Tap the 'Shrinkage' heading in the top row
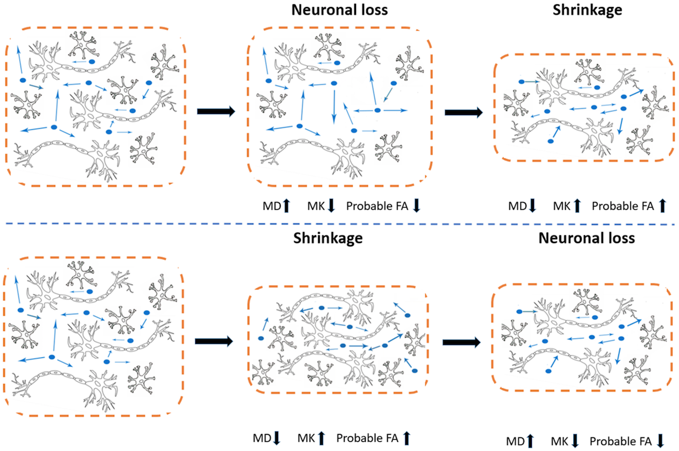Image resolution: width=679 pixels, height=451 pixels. point(587,10)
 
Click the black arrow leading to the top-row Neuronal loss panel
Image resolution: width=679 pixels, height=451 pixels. point(215,111)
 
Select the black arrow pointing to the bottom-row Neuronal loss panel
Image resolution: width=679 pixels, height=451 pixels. point(462,342)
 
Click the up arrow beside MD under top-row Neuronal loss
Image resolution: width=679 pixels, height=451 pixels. point(286,205)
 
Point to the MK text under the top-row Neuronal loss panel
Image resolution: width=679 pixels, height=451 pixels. point(316,205)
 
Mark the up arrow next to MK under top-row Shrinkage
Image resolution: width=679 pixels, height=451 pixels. point(577,205)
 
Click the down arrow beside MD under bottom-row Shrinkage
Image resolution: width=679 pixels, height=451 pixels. point(277,437)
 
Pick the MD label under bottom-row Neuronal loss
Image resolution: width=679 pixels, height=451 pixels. point(515,441)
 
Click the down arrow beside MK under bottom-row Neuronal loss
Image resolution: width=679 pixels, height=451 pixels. point(575,441)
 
